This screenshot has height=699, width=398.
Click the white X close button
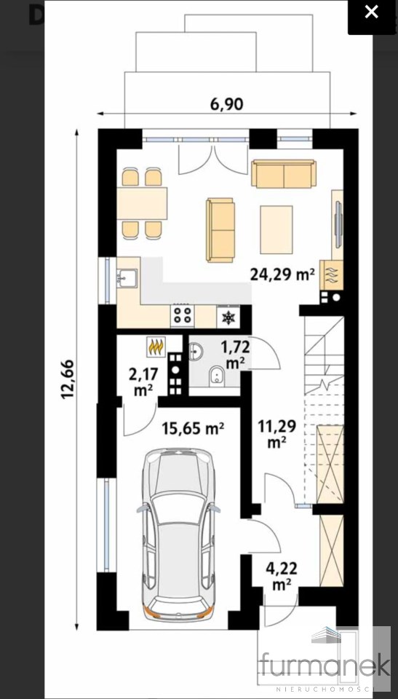[371, 12]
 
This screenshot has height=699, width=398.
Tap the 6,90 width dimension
[227, 104]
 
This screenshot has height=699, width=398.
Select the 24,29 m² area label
[283, 275]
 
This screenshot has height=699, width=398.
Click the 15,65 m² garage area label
[193, 429]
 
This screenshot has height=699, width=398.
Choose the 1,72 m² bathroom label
[235, 355]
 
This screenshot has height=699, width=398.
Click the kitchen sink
[127, 278]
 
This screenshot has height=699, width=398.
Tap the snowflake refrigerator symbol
[228, 317]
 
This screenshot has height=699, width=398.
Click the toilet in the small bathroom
[218, 376]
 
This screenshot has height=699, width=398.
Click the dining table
[142, 203]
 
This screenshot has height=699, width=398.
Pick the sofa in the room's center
[220, 230]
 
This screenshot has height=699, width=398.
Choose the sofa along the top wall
[284, 173]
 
